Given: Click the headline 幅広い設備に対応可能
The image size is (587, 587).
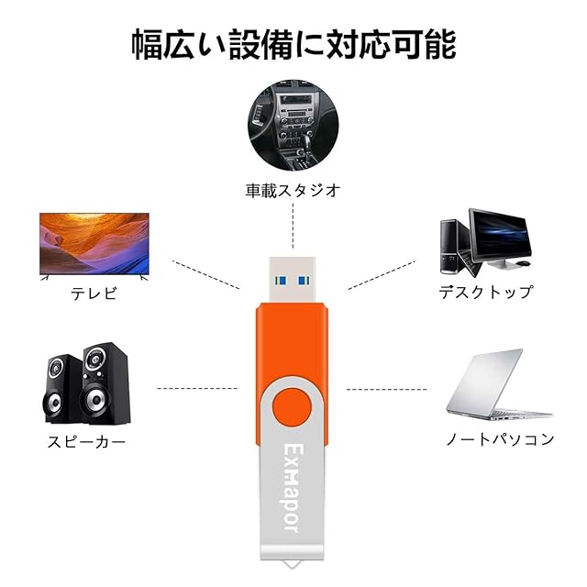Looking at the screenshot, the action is click(x=293, y=44).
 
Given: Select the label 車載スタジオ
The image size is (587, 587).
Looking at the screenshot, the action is click(x=293, y=191).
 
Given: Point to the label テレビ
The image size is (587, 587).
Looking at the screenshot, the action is click(x=94, y=294).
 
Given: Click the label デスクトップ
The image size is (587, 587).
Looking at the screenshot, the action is click(x=485, y=293).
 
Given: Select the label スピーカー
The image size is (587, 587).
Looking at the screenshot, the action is click(x=86, y=442).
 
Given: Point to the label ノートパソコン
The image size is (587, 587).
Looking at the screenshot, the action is click(x=500, y=439).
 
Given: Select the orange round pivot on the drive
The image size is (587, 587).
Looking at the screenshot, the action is click(x=293, y=405).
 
